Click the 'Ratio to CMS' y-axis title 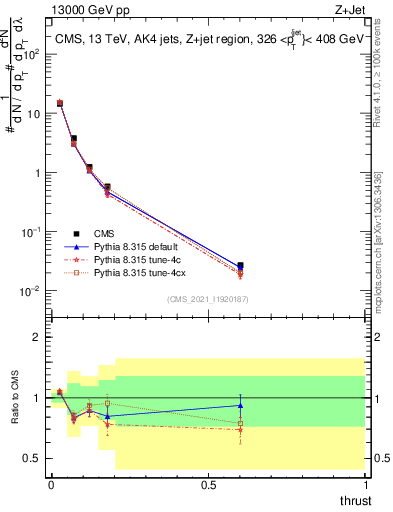pyautogui.click(x=14, y=400)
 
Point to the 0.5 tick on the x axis pyautogui.click(x=208, y=483)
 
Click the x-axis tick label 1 pyautogui.click(x=365, y=483)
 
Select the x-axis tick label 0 pyautogui.click(x=50, y=483)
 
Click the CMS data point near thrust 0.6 pyautogui.click(x=240, y=266)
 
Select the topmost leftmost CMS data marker pyautogui.click(x=60, y=103)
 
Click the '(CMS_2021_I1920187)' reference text pyautogui.click(x=207, y=298)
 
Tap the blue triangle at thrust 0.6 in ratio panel pyautogui.click(x=240, y=405)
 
